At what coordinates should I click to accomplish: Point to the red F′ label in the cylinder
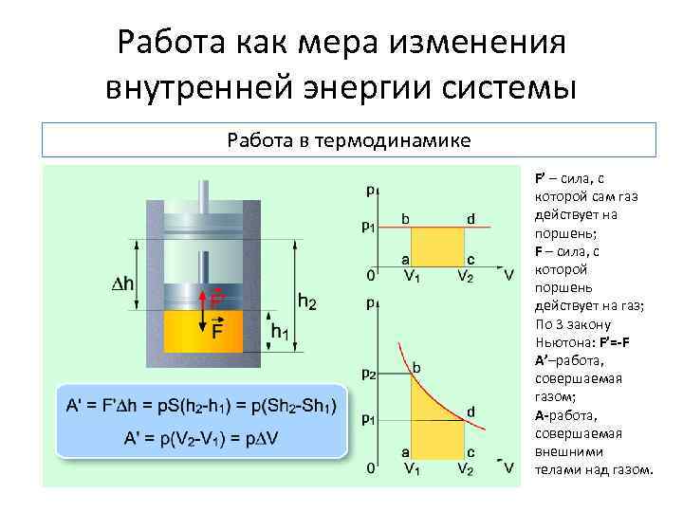[x=218, y=298]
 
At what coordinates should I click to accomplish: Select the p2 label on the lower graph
[x=371, y=373]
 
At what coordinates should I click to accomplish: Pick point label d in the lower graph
[x=471, y=411]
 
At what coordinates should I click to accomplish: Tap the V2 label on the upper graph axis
[x=466, y=276]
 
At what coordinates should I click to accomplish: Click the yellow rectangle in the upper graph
[x=437, y=247]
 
